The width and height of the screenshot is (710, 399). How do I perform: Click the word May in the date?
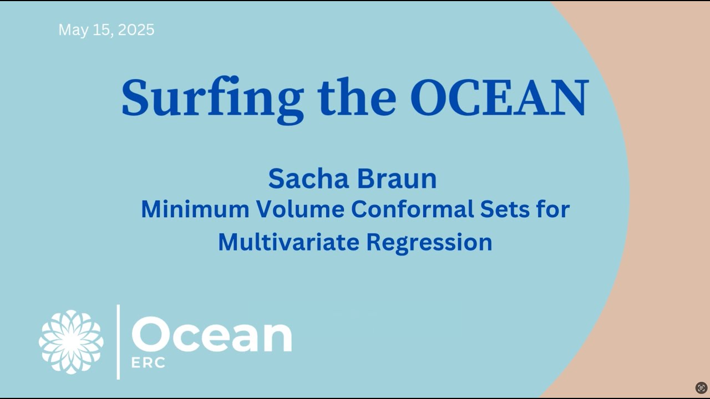coord(73,30)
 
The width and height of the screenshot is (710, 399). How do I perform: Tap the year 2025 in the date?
coord(135,30)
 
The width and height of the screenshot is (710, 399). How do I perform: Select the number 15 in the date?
coord(102,30)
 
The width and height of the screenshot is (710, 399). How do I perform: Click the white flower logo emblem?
coord(71,341)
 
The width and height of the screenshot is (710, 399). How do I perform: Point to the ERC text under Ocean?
coord(148,363)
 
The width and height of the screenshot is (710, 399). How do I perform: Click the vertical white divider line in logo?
coord(118,342)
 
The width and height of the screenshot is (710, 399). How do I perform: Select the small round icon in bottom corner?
coord(701,388)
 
